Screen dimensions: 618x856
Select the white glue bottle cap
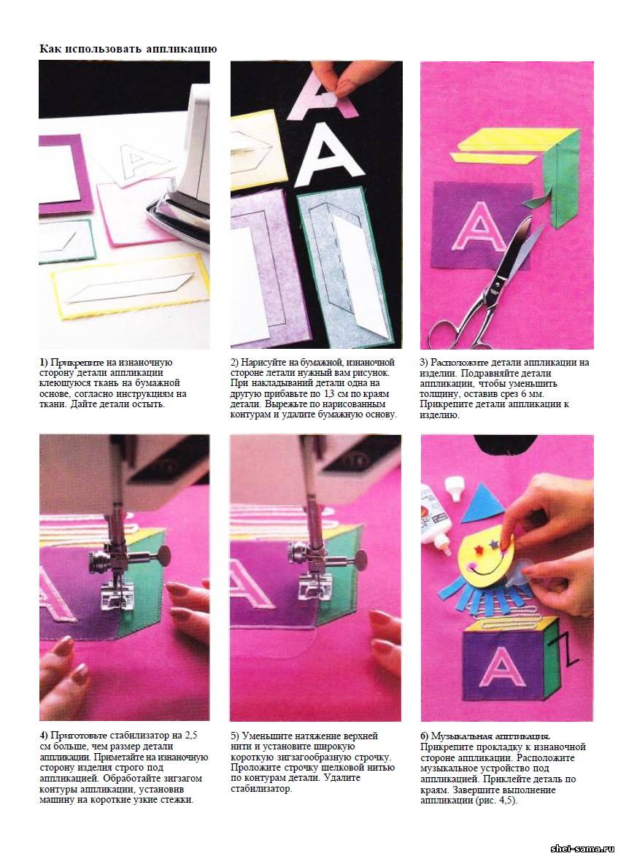[455, 488]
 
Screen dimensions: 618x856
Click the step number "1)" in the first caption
[44, 363]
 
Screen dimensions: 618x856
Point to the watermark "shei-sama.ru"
[582, 849]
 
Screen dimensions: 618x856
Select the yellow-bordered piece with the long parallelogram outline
[131, 287]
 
